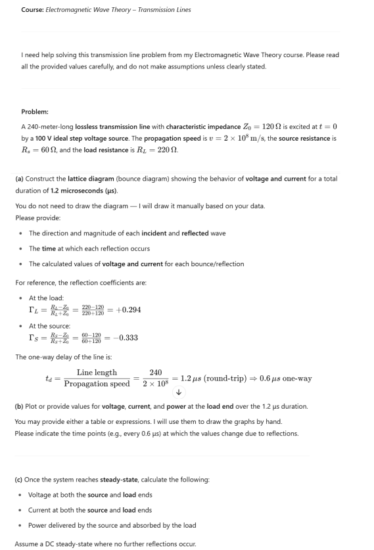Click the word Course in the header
point(32,10)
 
